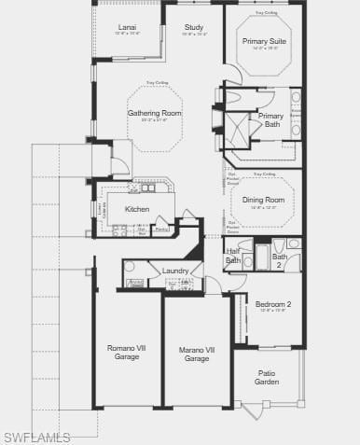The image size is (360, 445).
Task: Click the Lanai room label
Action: point(128,28)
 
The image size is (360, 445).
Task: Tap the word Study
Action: point(194,28)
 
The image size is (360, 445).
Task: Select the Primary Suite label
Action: point(265,42)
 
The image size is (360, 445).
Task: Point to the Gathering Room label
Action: point(155,113)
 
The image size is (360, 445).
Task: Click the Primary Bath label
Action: point(272,119)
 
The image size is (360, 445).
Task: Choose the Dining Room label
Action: point(263,200)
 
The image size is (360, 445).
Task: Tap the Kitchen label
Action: point(137,209)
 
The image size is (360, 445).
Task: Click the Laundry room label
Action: point(175,271)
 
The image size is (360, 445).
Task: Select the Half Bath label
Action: point(233,257)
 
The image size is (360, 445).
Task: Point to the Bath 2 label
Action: point(280,259)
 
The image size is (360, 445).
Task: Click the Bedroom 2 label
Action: point(273,304)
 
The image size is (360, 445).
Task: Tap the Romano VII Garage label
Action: point(126,353)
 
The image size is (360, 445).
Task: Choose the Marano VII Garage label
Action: point(196,354)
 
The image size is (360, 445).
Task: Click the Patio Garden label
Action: point(267,377)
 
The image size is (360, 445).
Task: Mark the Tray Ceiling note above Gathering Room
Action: point(157,84)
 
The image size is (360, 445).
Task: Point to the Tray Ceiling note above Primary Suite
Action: point(266,14)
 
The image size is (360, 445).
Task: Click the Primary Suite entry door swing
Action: point(233,75)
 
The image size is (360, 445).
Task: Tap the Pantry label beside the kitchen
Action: point(161,229)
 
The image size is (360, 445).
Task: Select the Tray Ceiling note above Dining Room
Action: point(264,174)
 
